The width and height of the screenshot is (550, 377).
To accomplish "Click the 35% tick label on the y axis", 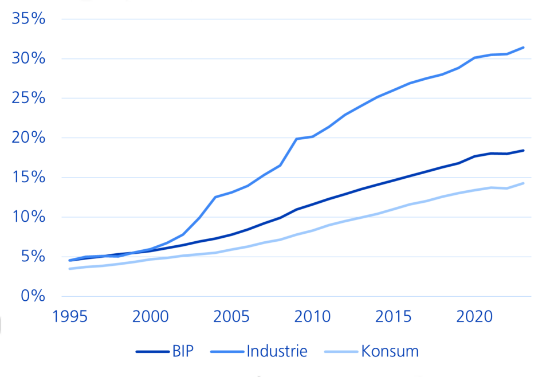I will tap(28, 19).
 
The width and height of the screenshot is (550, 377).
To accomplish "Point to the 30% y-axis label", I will tap(28, 59).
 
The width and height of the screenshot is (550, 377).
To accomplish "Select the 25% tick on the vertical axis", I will tap(28, 99).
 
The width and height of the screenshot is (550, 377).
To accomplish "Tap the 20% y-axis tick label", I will tap(28, 138).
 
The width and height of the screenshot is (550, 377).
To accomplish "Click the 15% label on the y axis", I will tap(28, 178).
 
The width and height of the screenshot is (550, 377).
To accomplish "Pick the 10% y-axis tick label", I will tap(28, 217).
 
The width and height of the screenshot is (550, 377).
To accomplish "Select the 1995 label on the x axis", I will tap(70, 317).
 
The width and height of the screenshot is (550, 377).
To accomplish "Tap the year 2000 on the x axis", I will tap(151, 317).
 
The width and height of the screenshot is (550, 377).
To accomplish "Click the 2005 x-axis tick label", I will tap(232, 317).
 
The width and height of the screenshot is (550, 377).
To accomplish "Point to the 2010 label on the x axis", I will tap(313, 317).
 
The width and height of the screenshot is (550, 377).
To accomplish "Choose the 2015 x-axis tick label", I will tap(394, 317).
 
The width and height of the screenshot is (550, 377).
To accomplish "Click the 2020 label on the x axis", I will tap(475, 317).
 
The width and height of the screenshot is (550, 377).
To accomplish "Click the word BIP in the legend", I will tap(183, 351).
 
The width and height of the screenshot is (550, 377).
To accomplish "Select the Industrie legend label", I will tap(277, 351).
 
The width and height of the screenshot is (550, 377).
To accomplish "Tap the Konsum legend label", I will tap(390, 351).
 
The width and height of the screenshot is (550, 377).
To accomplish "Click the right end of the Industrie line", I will tap(524, 47).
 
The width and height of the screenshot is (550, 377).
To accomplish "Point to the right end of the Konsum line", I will tap(524, 183).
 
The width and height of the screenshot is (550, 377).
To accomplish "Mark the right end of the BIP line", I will tap(524, 150).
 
